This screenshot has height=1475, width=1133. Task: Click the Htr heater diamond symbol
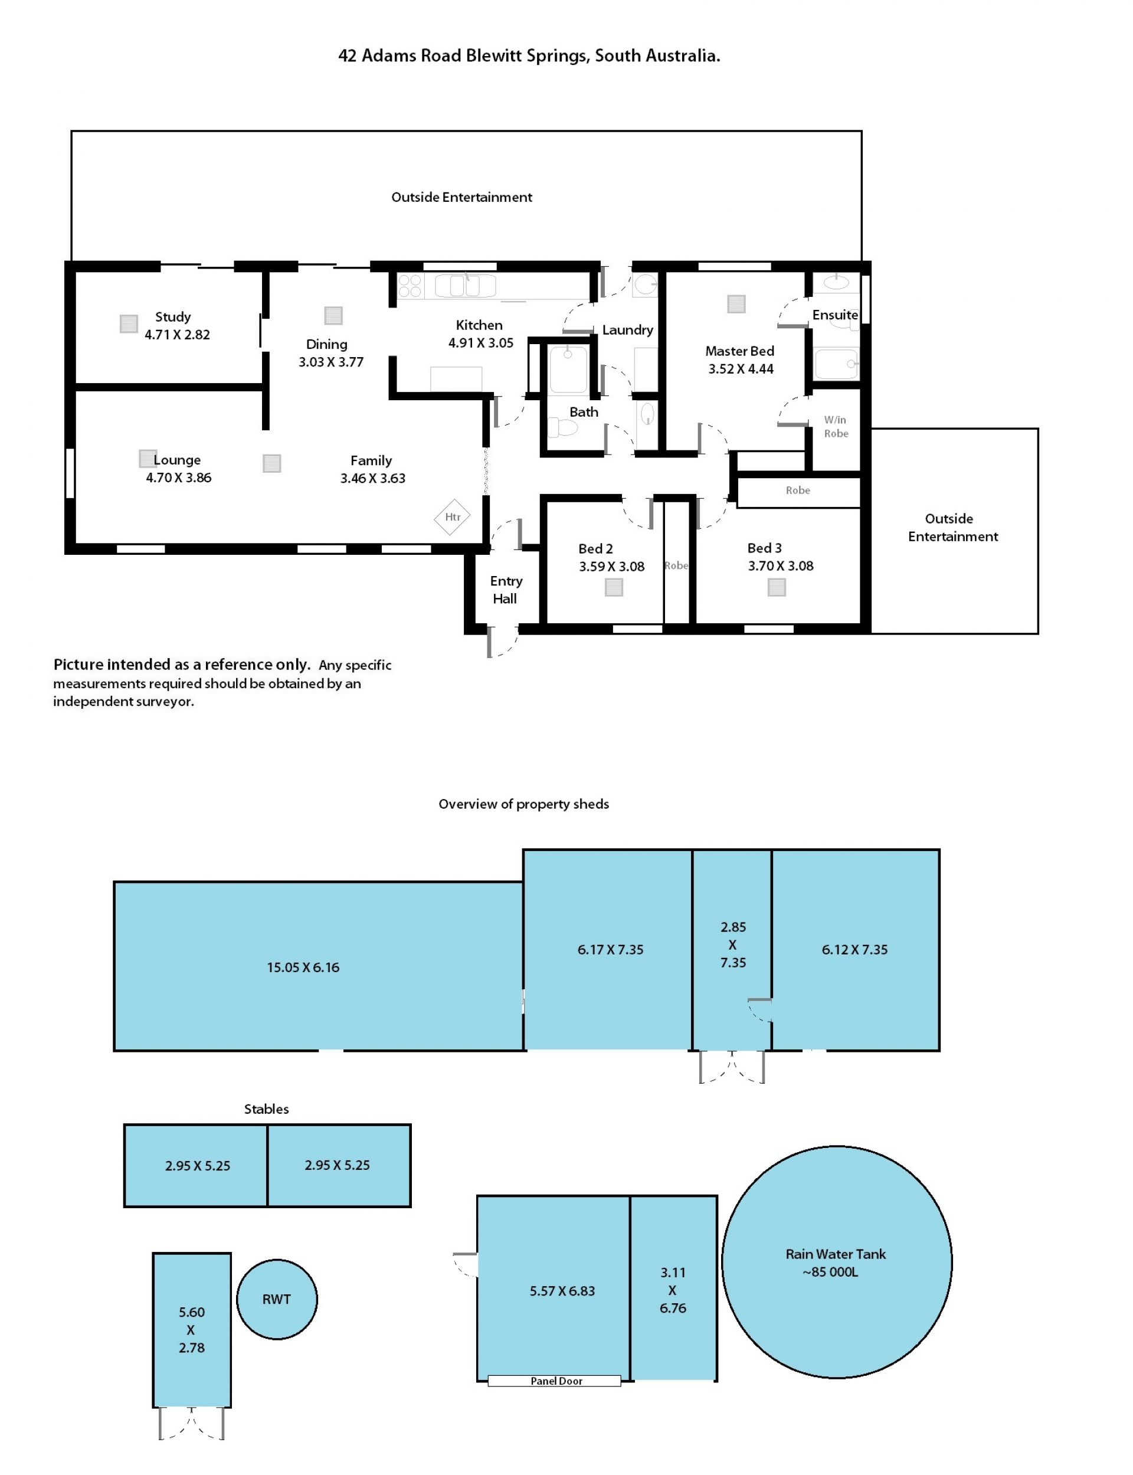tap(452, 517)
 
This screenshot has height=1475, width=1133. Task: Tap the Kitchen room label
tap(479, 325)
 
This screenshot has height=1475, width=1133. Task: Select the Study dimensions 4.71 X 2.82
tap(178, 335)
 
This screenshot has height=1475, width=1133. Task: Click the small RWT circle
tap(277, 1299)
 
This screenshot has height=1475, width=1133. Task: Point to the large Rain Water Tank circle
tap(836, 1262)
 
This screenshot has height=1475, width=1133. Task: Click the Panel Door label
tap(556, 1381)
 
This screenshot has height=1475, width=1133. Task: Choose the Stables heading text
tap(266, 1109)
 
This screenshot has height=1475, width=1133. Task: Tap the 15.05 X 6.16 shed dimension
tap(303, 967)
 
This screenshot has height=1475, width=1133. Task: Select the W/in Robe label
tap(836, 426)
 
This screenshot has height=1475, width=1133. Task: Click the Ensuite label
tap(835, 315)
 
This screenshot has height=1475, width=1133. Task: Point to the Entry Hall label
tap(506, 590)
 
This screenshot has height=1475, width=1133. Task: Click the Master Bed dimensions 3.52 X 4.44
tap(741, 369)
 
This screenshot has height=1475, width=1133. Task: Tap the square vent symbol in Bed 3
tap(777, 587)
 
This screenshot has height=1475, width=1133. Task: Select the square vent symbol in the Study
tap(129, 323)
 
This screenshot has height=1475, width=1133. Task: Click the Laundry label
tap(627, 330)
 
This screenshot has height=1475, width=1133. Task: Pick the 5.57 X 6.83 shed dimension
tap(562, 1291)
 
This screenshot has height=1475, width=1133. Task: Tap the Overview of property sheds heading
tap(523, 804)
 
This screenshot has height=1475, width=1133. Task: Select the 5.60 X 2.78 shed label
tap(192, 1330)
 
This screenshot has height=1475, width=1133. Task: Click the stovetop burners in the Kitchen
tap(410, 286)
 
